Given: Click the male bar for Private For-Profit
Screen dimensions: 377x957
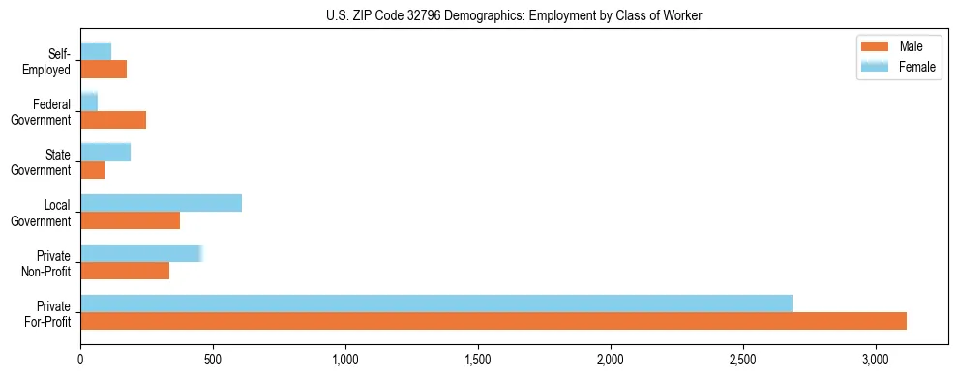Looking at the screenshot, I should (x=493, y=321).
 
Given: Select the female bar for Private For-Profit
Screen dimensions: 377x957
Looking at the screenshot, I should (x=436, y=304).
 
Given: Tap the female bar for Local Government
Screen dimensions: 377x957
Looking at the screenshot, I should (x=161, y=203).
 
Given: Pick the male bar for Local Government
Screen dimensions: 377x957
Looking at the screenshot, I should (x=130, y=220).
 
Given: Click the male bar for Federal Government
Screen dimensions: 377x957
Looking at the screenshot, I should (x=113, y=120).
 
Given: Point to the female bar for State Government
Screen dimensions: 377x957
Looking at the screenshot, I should (x=105, y=152).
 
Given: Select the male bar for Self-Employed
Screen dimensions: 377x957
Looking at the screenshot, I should (x=104, y=70).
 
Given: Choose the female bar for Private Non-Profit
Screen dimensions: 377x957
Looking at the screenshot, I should (x=141, y=253).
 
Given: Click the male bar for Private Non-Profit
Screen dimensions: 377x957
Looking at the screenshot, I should (x=125, y=271).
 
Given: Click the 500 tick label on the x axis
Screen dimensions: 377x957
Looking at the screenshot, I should (x=213, y=359).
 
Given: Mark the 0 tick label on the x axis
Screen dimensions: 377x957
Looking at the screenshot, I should (x=80, y=359).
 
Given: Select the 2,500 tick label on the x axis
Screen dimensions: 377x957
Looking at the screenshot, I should (x=743, y=359).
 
